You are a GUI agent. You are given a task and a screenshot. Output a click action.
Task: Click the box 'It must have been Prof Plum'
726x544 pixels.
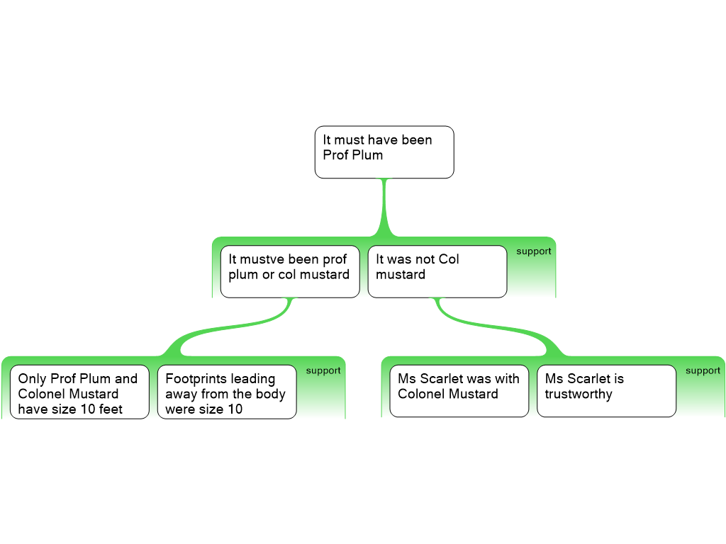tap(384, 152)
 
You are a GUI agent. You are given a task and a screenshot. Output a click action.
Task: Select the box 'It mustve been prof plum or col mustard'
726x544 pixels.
tap(289, 271)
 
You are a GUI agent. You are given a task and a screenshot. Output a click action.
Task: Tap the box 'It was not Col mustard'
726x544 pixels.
tap(437, 271)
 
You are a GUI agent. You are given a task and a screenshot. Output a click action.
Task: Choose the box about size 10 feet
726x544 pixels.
tap(79, 392)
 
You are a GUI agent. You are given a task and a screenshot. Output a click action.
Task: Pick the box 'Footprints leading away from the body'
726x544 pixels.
tap(226, 392)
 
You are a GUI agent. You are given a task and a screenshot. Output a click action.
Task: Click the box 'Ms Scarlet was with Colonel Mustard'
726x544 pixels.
tap(459, 390)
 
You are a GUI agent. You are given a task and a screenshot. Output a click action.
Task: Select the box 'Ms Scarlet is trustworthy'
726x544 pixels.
tap(606, 390)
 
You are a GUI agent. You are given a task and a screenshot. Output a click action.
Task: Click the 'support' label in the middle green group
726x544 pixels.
tap(533, 251)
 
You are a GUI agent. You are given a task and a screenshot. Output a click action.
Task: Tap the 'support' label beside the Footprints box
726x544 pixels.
tap(323, 370)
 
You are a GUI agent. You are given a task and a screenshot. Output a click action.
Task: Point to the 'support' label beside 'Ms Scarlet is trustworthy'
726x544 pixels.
tap(703, 370)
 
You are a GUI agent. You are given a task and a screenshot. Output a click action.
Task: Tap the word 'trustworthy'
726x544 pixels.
tap(579, 394)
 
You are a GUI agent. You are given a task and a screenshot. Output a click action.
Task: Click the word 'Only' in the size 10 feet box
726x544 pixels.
tap(32, 379)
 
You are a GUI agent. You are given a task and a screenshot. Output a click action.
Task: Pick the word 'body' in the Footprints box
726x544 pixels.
tap(270, 394)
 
